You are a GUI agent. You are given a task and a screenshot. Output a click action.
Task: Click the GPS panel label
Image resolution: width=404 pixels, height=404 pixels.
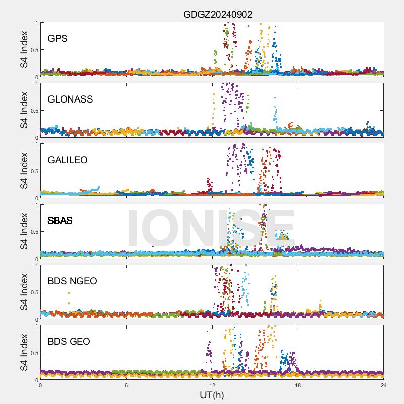pyautogui.click(x=58, y=39)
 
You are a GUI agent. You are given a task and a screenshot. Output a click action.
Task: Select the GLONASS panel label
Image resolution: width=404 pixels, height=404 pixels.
pyautogui.click(x=70, y=99)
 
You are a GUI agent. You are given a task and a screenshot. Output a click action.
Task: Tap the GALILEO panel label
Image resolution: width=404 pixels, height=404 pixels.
pyautogui.click(x=68, y=160)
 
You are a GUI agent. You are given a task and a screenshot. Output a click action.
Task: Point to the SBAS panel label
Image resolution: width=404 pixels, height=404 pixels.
pyautogui.click(x=60, y=221)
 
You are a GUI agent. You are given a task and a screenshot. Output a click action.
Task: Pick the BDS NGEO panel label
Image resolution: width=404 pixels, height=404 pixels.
pyautogui.click(x=72, y=281)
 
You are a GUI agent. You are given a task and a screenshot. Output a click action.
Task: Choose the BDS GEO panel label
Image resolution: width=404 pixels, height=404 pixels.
pyautogui.click(x=69, y=342)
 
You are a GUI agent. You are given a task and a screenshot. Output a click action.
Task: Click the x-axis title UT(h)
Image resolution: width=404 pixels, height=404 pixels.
pyautogui.click(x=212, y=395)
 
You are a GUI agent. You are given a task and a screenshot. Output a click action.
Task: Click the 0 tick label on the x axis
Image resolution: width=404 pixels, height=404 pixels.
pyautogui.click(x=40, y=385)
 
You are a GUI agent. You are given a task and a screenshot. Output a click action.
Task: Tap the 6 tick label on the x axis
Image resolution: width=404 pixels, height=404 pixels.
pyautogui.click(x=126, y=385)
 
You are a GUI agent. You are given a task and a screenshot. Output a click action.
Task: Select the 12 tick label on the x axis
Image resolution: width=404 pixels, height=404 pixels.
pyautogui.click(x=212, y=385)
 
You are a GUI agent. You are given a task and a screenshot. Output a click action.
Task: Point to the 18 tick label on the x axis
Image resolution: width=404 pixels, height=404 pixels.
pyautogui.click(x=298, y=385)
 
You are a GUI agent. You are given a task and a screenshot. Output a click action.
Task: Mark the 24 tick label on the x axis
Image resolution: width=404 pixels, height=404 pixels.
pyautogui.click(x=383, y=385)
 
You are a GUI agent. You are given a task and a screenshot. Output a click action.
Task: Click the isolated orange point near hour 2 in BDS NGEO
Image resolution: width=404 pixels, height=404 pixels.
pyautogui.click(x=69, y=293)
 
